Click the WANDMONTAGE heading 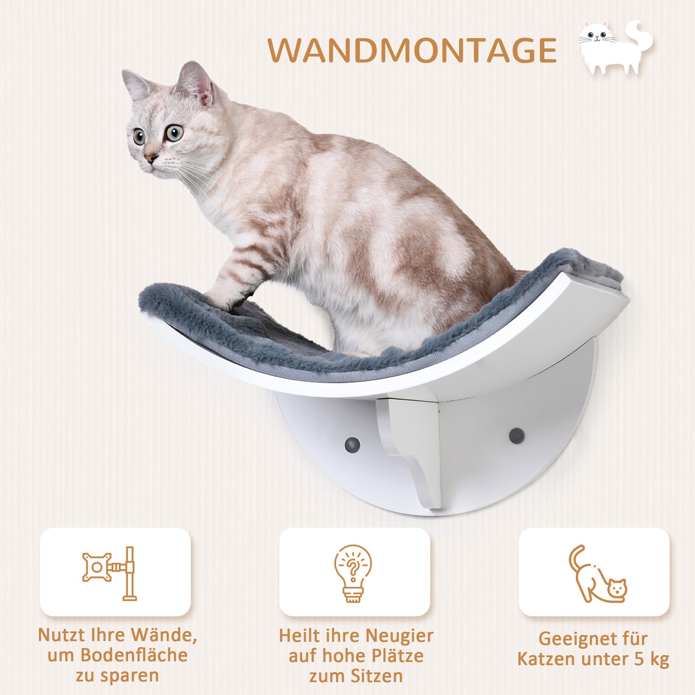412,50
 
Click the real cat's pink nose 151,158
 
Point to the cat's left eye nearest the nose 139,137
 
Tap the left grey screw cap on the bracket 352,442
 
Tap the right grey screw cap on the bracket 517,436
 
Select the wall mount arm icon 110,573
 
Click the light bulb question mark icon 353,573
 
